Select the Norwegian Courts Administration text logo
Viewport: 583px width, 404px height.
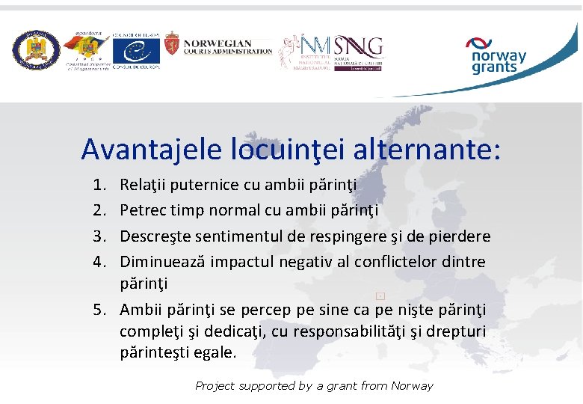[227, 47]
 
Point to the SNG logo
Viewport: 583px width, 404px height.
[358, 47]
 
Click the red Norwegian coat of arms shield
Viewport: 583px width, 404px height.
[172, 49]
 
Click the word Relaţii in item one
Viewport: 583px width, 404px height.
[144, 185]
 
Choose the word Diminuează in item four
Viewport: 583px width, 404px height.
[163, 263]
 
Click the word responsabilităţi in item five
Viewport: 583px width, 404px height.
[374, 331]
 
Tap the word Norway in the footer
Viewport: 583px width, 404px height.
[411, 386]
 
